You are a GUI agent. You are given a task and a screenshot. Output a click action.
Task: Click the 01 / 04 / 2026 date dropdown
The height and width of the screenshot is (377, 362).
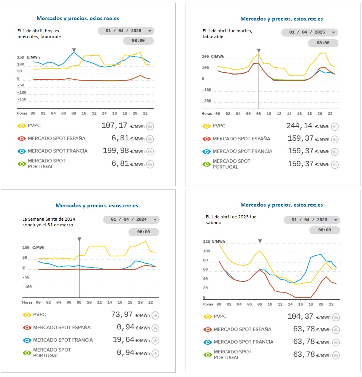tap(126, 31)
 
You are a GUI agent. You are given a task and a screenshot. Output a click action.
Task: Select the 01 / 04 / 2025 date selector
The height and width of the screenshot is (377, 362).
tap(310, 32)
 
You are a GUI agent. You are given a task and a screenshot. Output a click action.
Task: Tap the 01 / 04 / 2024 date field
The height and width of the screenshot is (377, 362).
tap(131, 220)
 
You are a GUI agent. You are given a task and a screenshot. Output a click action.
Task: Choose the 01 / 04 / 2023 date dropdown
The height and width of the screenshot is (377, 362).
tap(312, 220)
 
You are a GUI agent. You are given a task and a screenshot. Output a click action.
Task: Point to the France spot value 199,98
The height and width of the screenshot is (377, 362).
tap(116, 151)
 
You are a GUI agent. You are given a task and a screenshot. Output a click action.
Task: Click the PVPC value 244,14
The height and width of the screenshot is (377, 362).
tap(300, 126)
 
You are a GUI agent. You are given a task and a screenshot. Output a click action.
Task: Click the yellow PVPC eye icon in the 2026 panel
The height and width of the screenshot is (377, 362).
tap(22, 126)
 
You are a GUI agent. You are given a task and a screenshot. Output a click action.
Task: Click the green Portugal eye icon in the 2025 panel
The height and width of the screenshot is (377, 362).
tap(206, 164)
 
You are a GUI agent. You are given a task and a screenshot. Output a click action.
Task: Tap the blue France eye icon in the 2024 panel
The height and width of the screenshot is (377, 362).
tap(27, 340)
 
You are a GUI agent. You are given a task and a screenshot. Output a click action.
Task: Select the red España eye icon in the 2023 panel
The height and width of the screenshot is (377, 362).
tap(208, 329)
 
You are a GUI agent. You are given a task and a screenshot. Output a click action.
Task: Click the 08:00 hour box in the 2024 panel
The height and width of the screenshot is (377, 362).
tap(143, 232)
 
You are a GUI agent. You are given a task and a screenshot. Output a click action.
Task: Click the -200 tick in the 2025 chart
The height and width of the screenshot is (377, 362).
tap(206, 101)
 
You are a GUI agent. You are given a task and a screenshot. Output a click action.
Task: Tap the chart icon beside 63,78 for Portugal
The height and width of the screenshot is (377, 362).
tap(335, 355)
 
